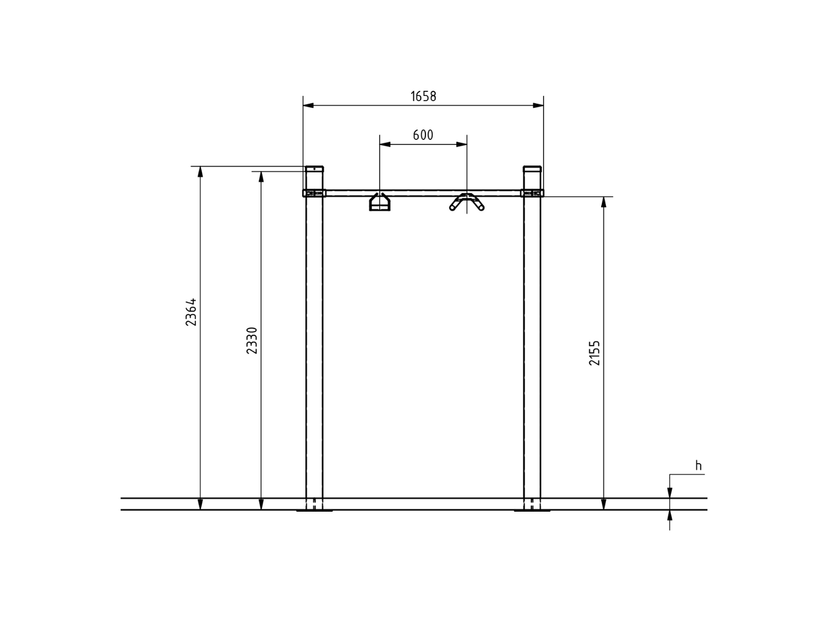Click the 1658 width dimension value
click(x=423, y=97)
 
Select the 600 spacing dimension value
click(x=423, y=135)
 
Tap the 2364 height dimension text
click(x=191, y=312)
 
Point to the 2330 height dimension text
click(x=252, y=340)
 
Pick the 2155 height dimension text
click(x=595, y=353)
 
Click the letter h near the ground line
click(x=698, y=466)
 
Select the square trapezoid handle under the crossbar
click(x=380, y=203)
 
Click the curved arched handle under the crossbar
click(x=467, y=202)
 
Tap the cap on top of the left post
click(x=314, y=169)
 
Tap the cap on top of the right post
click(x=532, y=169)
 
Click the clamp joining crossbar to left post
click(x=314, y=193)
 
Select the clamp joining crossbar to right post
click(x=532, y=193)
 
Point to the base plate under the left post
click(x=314, y=511)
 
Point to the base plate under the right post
click(x=532, y=511)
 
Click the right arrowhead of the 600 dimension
click(x=462, y=144)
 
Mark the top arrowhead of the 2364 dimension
click(x=200, y=171)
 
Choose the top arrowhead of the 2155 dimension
click(x=604, y=202)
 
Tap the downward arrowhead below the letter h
click(x=670, y=493)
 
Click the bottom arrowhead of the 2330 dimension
click(x=261, y=504)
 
